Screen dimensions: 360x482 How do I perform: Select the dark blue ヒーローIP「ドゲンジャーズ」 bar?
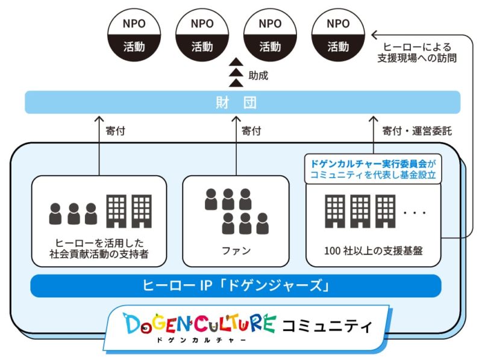236,285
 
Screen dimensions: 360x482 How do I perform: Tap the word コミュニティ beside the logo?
327,326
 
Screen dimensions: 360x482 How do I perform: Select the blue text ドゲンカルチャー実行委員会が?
373,163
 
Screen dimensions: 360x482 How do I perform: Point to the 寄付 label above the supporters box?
115,130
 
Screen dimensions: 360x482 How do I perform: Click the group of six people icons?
236,211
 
